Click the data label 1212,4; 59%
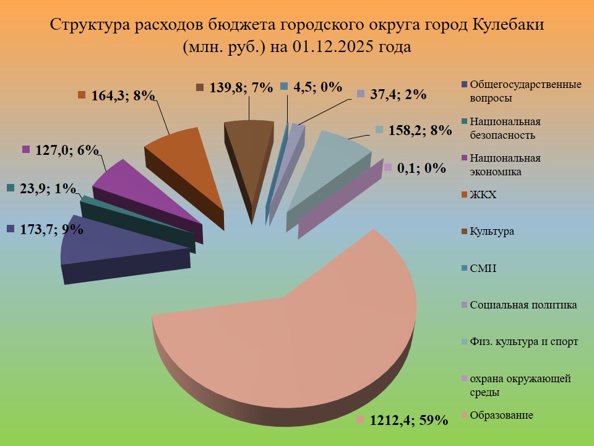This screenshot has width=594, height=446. click(408, 421)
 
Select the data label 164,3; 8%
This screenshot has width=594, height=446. click(122, 96)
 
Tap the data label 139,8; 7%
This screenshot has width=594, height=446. click(241, 87)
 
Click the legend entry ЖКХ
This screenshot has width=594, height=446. click(483, 195)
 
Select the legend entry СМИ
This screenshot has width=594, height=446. click(483, 268)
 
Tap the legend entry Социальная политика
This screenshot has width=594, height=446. click(523, 305)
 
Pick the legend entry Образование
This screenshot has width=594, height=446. click(501, 414)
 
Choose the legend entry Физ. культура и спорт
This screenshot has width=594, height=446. click(523, 341)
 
